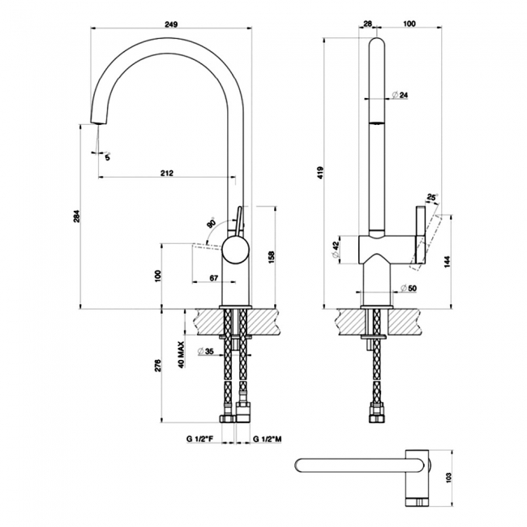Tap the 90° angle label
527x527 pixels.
pyautogui.click(x=211, y=223)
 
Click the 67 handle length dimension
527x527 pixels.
pyautogui.click(x=214, y=277)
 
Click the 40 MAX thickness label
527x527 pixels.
pyautogui.click(x=182, y=353)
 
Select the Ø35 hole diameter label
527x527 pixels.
pyautogui.click(x=204, y=352)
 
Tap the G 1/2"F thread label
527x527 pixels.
pyautogui.click(x=199, y=439)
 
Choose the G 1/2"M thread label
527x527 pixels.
pyautogui.click(x=267, y=439)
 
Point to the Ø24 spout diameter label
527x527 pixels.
pyautogui.click(x=399, y=96)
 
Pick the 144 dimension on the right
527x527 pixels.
pyautogui.click(x=448, y=261)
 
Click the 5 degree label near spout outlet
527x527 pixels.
pyautogui.click(x=106, y=156)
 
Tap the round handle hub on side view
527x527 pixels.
pyautogui.click(x=234, y=250)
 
